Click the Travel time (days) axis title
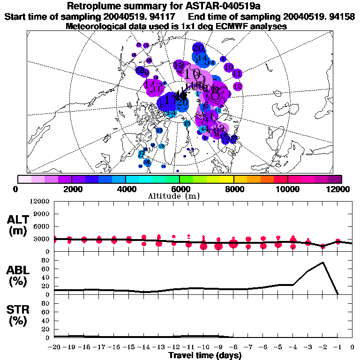click(x=205, y=356)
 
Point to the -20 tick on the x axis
click(x=54, y=347)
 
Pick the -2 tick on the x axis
click(x=322, y=347)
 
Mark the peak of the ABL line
click(x=323, y=262)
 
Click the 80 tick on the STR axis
click(x=45, y=303)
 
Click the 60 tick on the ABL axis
click(x=45, y=269)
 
